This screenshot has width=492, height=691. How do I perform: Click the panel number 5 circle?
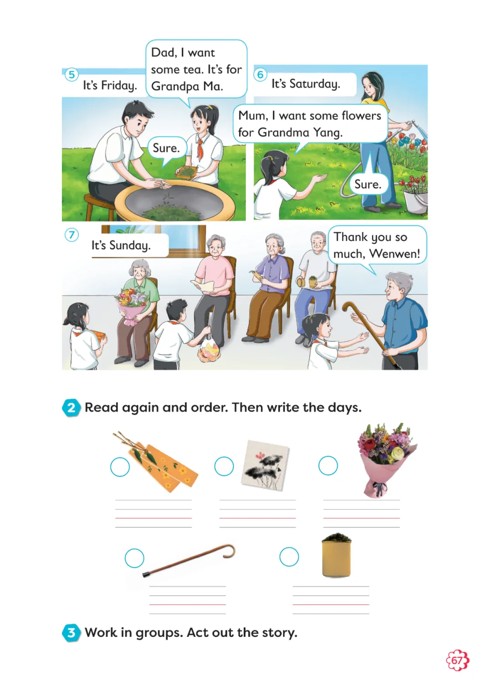click(x=72, y=75)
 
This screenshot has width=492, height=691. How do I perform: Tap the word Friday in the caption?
click(x=119, y=86)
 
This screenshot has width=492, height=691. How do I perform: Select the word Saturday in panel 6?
click(x=315, y=84)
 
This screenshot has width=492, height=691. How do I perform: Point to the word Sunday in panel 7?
click(x=130, y=246)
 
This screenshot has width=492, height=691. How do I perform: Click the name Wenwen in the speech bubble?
click(x=395, y=254)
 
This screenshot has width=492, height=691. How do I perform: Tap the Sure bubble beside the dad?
click(x=167, y=148)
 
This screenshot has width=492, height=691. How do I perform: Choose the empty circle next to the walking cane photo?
click(x=134, y=558)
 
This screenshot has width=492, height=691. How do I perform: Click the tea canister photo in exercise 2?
click(x=337, y=555)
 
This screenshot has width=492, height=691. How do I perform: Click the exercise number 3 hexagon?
click(x=71, y=632)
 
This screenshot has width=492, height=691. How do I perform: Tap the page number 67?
click(x=457, y=661)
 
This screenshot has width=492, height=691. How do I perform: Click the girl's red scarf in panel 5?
click(x=200, y=148)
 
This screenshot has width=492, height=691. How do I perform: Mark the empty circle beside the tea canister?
click(x=289, y=557)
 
